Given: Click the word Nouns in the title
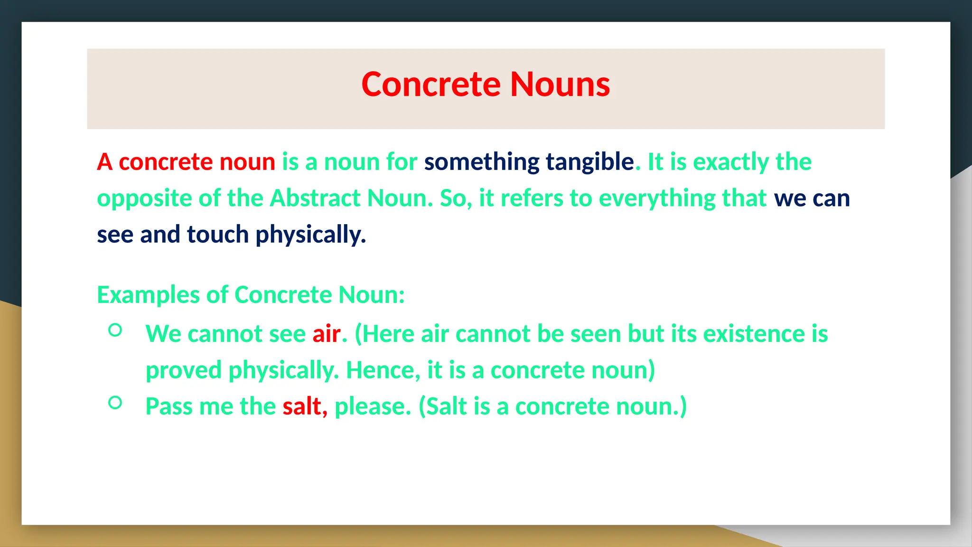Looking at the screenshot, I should [560, 85].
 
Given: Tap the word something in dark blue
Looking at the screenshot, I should [482, 162].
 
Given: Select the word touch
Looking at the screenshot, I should [218, 235].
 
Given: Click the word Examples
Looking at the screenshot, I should [148, 295].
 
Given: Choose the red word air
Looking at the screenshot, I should [327, 334].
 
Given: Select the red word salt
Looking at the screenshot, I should [302, 406].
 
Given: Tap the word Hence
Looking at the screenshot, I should [382, 370].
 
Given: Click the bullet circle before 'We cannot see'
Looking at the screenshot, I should [115, 330].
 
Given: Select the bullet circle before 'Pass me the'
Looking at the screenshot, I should [115, 403].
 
